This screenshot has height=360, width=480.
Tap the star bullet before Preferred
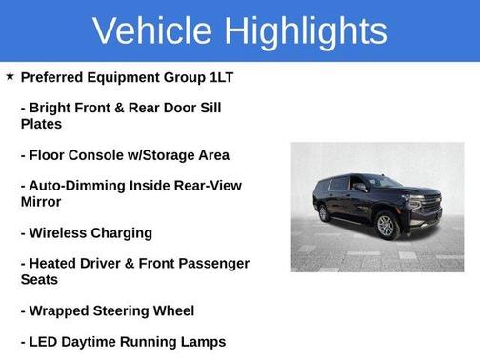(10, 75)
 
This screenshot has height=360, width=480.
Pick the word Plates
(41, 124)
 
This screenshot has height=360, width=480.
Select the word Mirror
(41, 202)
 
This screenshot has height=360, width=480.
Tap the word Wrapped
(62, 310)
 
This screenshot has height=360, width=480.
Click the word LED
(46, 341)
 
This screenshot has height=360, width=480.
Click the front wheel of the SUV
(386, 226)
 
